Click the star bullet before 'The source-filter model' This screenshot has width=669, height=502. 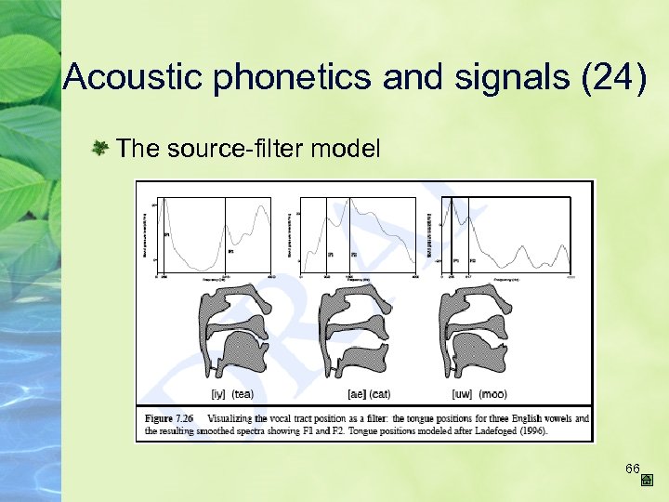[102, 147]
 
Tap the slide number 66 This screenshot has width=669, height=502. [633, 467]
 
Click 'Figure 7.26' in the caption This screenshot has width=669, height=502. [165, 418]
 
